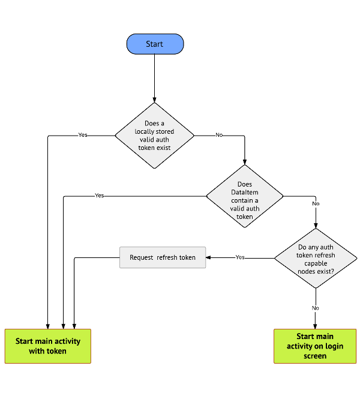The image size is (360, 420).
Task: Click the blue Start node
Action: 155,44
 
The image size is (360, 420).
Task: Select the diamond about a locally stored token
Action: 154,136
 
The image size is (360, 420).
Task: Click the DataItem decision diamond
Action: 244,196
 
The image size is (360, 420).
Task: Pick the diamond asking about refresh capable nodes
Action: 316,259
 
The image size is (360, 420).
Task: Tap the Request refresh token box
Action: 163,257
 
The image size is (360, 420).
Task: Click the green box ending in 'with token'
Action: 48,346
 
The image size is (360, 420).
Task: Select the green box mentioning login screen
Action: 315,346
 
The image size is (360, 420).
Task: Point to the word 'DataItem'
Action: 244,193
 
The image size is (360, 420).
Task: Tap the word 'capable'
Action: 316,263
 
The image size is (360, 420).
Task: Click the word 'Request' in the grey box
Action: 142,257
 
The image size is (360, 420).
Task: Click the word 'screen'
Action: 315,356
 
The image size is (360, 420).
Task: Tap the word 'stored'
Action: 164,131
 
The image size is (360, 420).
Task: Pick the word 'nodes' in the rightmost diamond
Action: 307,271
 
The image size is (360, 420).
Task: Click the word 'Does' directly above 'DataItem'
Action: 244,185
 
